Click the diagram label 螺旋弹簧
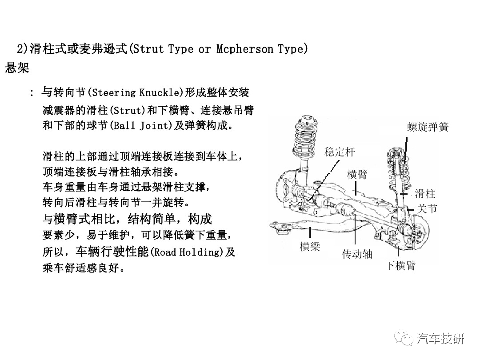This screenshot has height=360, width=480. (428, 127)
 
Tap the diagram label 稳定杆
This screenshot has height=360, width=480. (340, 152)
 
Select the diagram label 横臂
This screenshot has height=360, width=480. (357, 174)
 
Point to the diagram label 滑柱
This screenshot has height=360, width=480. (425, 193)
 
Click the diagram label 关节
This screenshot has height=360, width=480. (427, 209)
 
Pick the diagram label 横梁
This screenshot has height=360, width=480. (310, 246)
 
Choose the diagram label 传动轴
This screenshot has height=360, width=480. (357, 254)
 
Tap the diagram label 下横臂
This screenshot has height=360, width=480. (400, 265)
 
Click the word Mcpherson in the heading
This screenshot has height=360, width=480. (244, 49)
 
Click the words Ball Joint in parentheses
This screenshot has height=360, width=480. (141, 125)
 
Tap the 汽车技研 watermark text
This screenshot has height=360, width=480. (440, 339)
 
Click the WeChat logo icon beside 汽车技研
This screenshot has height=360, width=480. (404, 338)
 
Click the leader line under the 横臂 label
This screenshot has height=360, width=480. (356, 188)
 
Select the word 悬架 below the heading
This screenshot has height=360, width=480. (17, 68)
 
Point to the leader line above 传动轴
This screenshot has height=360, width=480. (355, 229)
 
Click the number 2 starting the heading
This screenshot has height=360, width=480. (20, 49)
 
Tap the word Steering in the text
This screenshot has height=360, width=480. (114, 92)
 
